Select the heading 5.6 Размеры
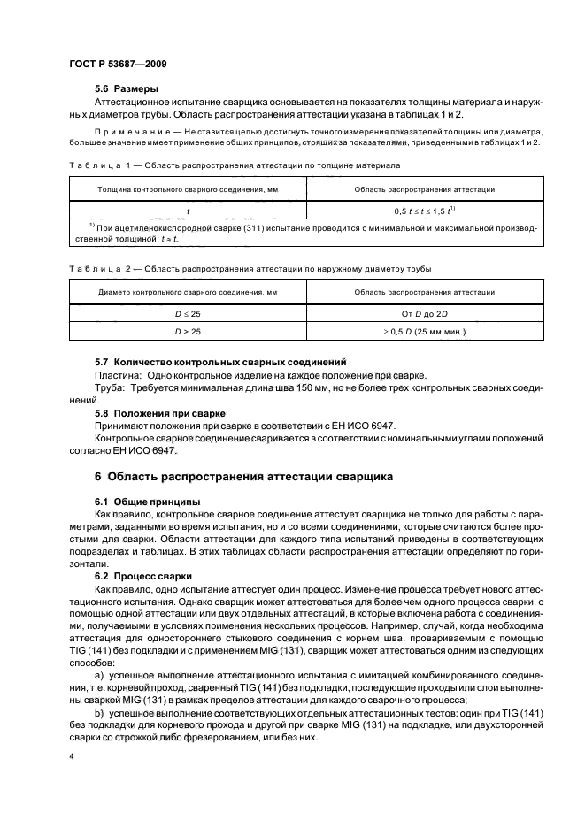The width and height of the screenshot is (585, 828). coord(127,90)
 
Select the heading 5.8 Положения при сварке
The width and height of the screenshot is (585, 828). coord(158,413)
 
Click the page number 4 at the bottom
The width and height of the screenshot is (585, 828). coord(71,757)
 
